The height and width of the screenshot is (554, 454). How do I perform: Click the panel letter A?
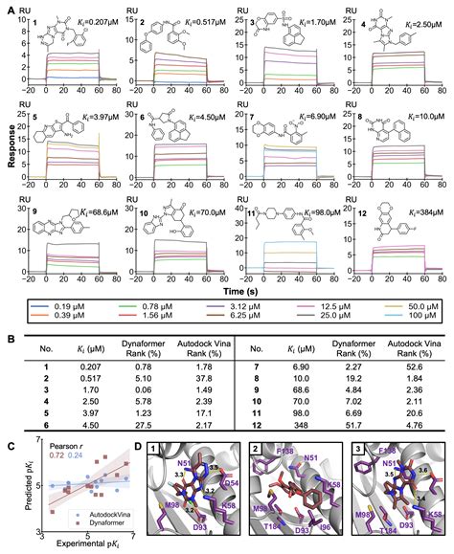(x=7, y=7)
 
